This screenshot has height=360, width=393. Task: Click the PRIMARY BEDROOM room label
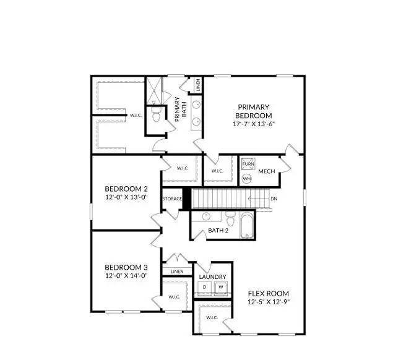[254, 111]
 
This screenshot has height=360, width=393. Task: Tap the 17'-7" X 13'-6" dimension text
[254, 124]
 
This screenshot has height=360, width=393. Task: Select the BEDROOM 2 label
[126, 189]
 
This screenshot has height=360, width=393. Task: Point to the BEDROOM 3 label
[126, 267]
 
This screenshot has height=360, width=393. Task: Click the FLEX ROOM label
[269, 293]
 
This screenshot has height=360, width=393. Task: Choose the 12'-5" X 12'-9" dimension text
[269, 302]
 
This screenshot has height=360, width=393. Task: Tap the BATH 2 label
[218, 231]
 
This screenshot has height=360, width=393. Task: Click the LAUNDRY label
[212, 277]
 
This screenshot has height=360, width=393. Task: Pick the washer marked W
[220, 287]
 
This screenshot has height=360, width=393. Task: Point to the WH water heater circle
[247, 178]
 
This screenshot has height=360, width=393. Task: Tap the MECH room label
[267, 171]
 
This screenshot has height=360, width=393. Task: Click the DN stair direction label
[274, 199]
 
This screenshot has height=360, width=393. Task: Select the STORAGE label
[172, 199]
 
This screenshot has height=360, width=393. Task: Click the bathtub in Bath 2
[246, 225]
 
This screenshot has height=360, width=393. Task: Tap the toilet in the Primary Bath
[157, 115]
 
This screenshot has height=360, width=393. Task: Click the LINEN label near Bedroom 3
[178, 272]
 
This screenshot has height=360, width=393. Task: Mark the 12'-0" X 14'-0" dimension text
[126, 275]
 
